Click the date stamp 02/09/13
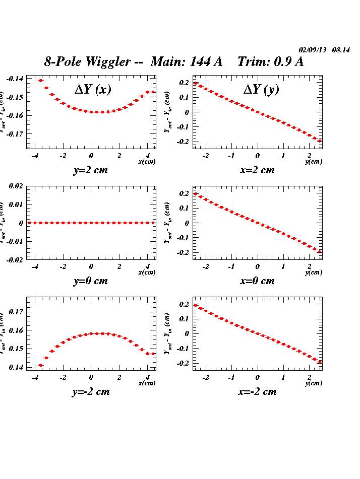[313, 50]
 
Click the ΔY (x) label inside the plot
[93, 90]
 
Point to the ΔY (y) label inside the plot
[261, 90]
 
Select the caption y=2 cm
[91, 170]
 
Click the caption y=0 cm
[91, 281]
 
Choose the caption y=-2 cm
[91, 391]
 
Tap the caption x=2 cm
[258, 170]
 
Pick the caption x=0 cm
[258, 281]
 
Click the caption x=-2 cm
[258, 391]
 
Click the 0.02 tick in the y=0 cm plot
[16, 186]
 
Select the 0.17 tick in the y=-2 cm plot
[17, 312]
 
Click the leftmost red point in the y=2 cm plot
[41, 81]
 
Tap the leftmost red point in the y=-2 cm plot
[41, 365]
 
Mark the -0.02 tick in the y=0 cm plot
[15, 259]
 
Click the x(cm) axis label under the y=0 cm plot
[147, 272]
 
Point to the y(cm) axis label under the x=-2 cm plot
[314, 383]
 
